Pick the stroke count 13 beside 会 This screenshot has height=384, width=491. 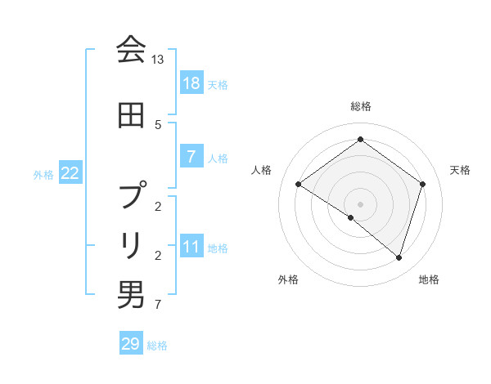click(158, 60)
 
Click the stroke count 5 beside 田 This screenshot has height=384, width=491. click(158, 124)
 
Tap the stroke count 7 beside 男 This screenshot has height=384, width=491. click(158, 306)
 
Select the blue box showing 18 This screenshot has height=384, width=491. click(191, 83)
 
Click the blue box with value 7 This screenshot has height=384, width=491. click(191, 157)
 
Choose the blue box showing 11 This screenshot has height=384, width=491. click(191, 248)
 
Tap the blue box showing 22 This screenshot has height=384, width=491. click(70, 173)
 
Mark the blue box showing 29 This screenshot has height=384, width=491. click(131, 344)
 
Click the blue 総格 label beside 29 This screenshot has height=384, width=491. click(157, 346)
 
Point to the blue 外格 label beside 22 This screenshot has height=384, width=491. click(43, 174)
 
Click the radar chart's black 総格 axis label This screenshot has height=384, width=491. click(360, 106)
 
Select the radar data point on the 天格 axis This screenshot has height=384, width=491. click(422, 185)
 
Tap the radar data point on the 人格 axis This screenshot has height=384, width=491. click(298, 185)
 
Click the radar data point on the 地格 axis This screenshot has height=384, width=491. click(399, 257)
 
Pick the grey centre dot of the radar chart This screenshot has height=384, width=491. click(360, 203)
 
